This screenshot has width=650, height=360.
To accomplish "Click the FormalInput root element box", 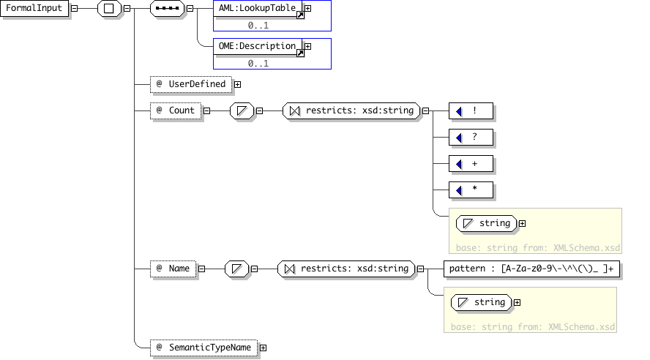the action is tap(34, 8).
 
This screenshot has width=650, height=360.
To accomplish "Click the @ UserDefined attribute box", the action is tap(191, 84).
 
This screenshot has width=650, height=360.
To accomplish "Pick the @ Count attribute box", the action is tap(176, 110).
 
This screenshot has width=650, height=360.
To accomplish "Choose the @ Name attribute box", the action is tap(173, 269).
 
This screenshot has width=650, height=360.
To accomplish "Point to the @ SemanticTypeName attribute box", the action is tap(204, 348).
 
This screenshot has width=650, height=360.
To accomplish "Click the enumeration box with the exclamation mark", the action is tap(471, 111).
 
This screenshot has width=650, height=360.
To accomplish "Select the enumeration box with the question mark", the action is tap(471, 137).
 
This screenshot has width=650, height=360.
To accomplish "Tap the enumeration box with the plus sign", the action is tap(471, 164).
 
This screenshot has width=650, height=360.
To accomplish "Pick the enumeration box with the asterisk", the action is tap(471, 190).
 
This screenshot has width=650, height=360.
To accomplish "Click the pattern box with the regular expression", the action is tap(532, 269).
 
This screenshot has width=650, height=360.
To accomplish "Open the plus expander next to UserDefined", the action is tap(238, 84).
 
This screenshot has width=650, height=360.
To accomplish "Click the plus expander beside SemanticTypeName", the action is tap(264, 348).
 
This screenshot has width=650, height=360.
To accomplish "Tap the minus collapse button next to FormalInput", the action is tap(74, 8).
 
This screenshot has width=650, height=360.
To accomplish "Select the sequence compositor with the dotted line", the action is tap(167, 8).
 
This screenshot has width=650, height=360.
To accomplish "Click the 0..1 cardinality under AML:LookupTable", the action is tap(258, 26).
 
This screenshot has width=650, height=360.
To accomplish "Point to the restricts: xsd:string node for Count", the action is tap(351, 110).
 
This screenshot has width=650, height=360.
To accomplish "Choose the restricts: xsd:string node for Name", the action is tap(346, 269).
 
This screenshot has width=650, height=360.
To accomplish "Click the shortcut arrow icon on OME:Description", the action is tap(301, 53).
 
